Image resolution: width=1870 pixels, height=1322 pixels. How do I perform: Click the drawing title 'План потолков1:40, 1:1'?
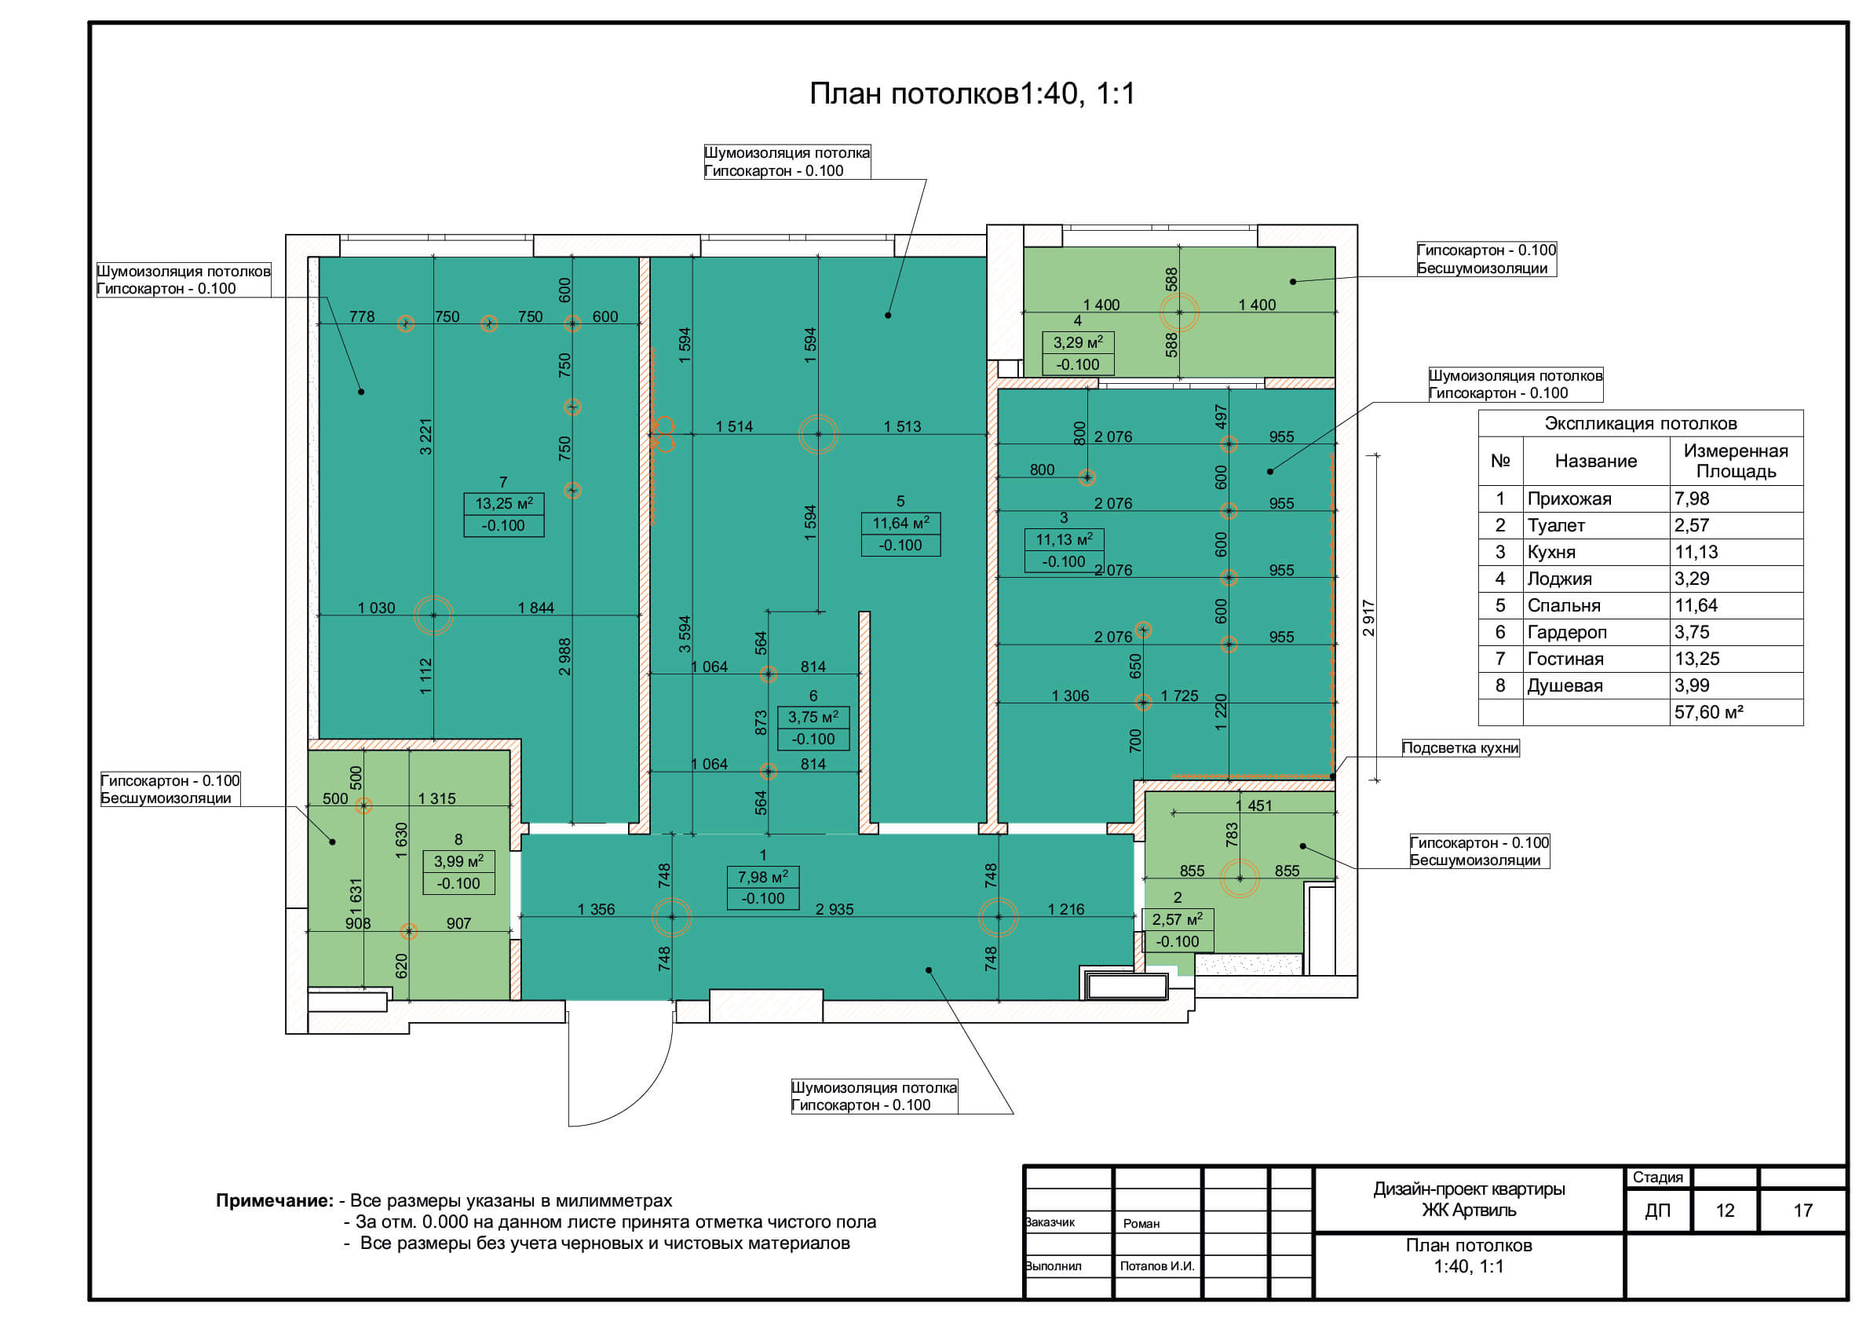point(972,93)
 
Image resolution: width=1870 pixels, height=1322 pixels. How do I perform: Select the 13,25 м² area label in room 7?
point(504,503)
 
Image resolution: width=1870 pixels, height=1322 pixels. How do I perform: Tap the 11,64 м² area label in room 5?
point(900,523)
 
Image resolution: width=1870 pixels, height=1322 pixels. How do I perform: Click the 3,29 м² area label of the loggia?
point(1078,342)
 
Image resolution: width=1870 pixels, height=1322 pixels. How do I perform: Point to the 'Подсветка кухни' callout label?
point(1460,748)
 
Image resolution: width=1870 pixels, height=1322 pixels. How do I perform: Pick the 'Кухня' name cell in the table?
point(1551,552)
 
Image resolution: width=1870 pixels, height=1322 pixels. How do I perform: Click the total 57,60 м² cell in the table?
point(1709,712)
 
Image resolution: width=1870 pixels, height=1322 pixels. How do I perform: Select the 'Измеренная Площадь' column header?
point(1736,461)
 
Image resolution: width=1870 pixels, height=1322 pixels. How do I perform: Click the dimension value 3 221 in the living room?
point(425,436)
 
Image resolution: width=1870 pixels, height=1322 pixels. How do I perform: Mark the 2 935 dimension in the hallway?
point(835,909)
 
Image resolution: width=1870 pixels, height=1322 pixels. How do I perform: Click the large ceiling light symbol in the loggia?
point(1178,312)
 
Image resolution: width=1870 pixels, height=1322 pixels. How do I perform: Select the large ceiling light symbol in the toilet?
point(1240,878)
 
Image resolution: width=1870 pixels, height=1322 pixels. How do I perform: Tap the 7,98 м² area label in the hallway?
point(763,877)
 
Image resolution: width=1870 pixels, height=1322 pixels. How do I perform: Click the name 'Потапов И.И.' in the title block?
point(1156,1265)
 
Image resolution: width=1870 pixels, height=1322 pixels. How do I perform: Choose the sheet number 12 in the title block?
point(1725,1211)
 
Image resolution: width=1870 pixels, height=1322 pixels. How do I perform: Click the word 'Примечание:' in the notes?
point(275,1200)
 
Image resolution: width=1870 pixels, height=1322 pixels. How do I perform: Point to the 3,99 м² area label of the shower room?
point(458,861)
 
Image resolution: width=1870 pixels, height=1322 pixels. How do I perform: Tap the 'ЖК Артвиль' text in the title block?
point(1470,1211)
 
